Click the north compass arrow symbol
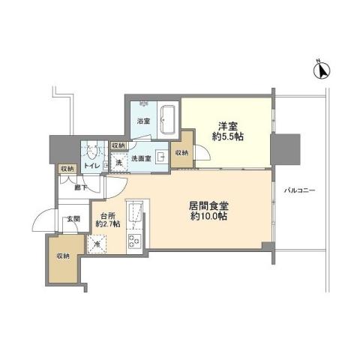322,70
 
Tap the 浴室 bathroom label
143,121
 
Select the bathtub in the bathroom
167,120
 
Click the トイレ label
92,166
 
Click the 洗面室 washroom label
142,158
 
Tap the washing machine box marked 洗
118,163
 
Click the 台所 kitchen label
108,220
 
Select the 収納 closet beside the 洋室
182,153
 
